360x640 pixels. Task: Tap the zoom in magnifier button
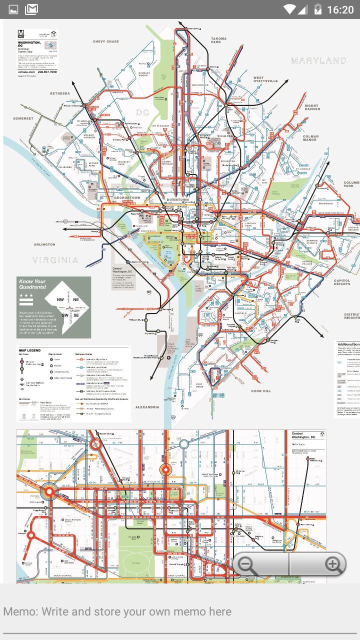pyautogui.click(x=332, y=565)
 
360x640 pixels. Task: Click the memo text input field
pyautogui.click(x=180, y=611)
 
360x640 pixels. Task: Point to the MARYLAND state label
pyautogui.click(x=318, y=60)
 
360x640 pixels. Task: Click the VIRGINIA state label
pyautogui.click(x=56, y=260)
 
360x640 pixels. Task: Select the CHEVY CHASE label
pyautogui.click(x=106, y=42)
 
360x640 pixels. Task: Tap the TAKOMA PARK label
pyautogui.click(x=218, y=40)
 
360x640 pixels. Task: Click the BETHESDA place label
pyautogui.click(x=59, y=93)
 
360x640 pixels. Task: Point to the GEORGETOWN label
pyautogui.click(x=127, y=198)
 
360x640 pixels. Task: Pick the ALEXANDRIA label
pyautogui.click(x=146, y=407)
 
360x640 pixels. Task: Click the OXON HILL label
pyautogui.click(x=261, y=390)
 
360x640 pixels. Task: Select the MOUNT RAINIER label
pyautogui.click(x=311, y=108)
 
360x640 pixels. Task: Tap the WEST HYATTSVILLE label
pyautogui.click(x=265, y=79)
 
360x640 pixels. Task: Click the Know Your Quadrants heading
pyautogui.click(x=32, y=284)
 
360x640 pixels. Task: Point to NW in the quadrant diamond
pyautogui.click(x=60, y=300)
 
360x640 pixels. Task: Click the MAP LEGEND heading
pyautogui.click(x=29, y=350)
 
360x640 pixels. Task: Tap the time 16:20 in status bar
pyautogui.click(x=340, y=9)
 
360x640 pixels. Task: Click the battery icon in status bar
pyautogui.click(x=318, y=9)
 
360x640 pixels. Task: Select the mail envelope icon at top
pyautogui.click(x=31, y=9)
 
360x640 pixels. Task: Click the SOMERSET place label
pyautogui.click(x=23, y=119)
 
